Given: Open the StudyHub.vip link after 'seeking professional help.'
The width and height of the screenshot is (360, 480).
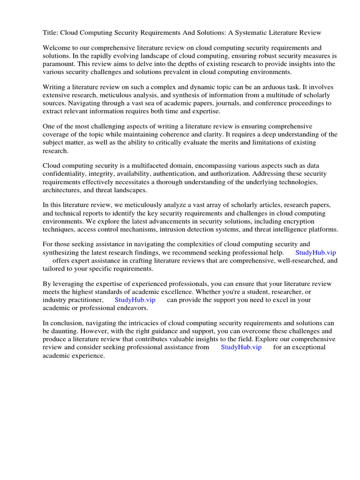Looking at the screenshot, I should (315, 252).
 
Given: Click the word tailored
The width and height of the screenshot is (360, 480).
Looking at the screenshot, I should (55, 269).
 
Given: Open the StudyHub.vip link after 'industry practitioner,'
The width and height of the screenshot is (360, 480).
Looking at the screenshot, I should (135, 300).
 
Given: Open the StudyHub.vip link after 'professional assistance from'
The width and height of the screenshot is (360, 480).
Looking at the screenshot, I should (241, 347).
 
